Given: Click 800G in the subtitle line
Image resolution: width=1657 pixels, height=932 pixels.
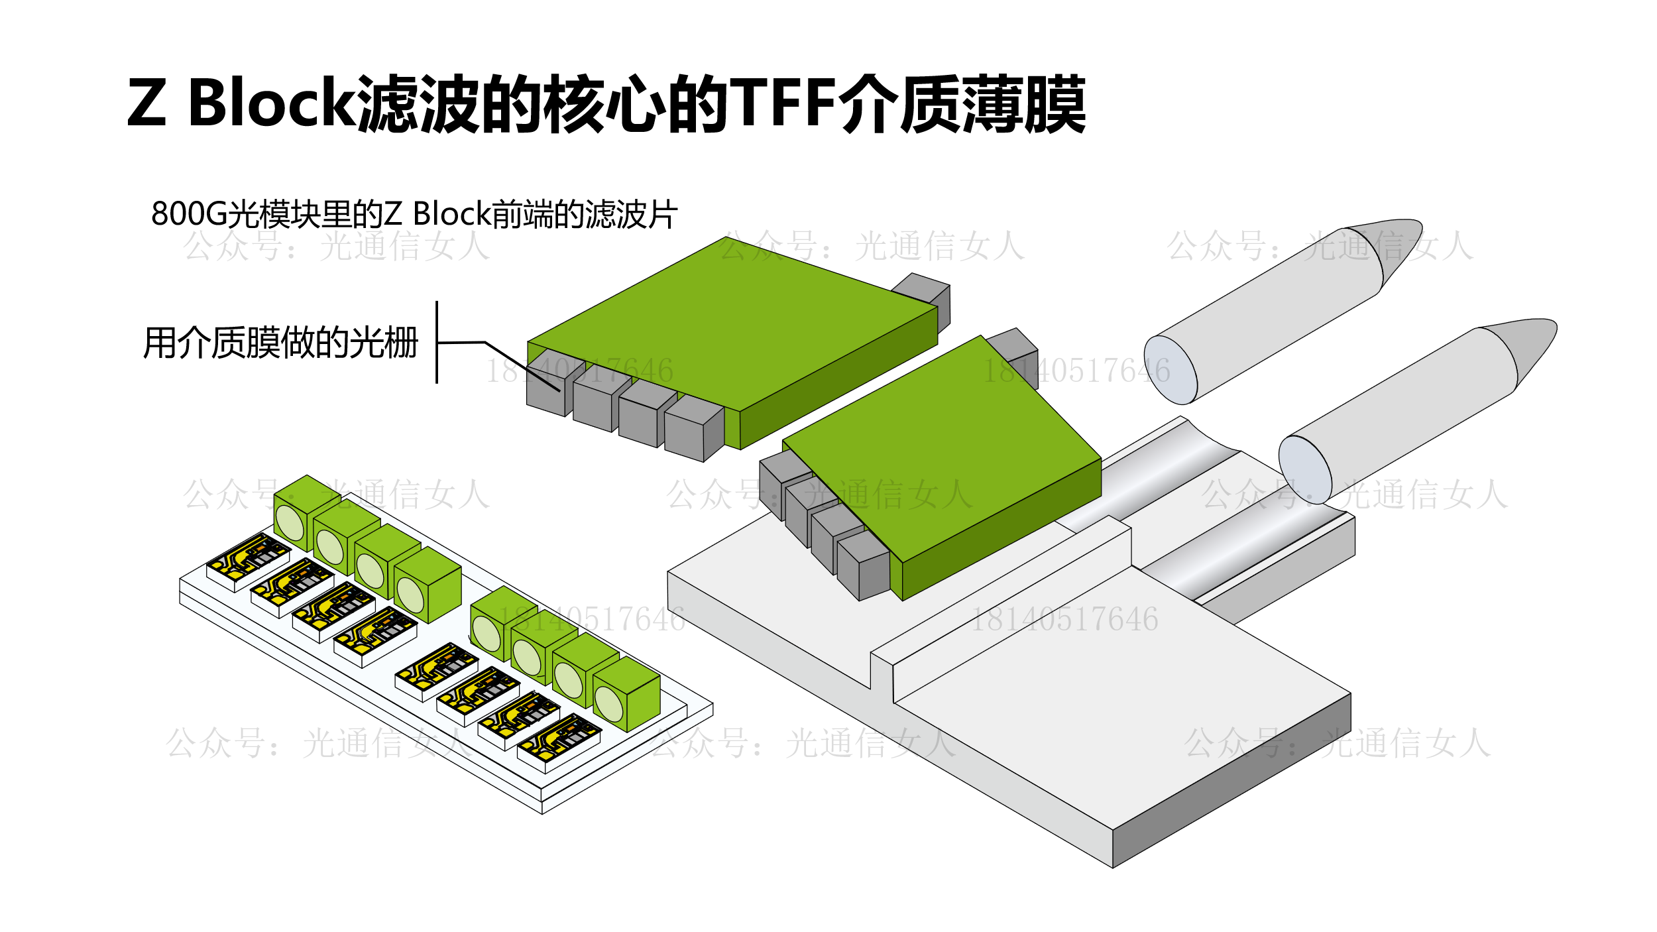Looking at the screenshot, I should pos(188,214).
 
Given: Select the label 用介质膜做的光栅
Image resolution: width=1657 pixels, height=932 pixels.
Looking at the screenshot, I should pos(281,343).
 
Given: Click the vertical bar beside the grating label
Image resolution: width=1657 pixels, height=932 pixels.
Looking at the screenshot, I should pos(437,342).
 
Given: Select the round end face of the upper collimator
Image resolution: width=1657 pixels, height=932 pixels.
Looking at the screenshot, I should pos(1171,370).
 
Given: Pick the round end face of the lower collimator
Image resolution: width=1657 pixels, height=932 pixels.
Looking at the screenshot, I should pos(1304,469).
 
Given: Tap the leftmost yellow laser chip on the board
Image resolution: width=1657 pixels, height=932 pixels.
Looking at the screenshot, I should pos(248,560).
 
